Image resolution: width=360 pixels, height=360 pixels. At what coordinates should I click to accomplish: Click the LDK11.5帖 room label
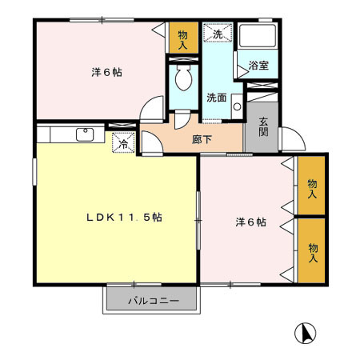[125, 217]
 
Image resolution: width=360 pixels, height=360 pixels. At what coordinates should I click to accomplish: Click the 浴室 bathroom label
[258, 65]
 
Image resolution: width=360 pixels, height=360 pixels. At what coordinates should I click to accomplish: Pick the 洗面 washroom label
[216, 98]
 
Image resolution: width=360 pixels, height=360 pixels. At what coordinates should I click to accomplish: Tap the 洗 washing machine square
[217, 34]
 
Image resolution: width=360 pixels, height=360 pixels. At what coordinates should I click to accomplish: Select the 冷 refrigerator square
[125, 144]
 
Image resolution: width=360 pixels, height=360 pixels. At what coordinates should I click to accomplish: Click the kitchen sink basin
[84, 134]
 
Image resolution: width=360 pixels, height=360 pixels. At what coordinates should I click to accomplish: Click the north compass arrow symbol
[306, 332]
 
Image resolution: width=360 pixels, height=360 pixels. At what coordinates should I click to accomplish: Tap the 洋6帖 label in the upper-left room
[106, 72]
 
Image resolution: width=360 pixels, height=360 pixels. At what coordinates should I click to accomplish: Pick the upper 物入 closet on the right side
[311, 188]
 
